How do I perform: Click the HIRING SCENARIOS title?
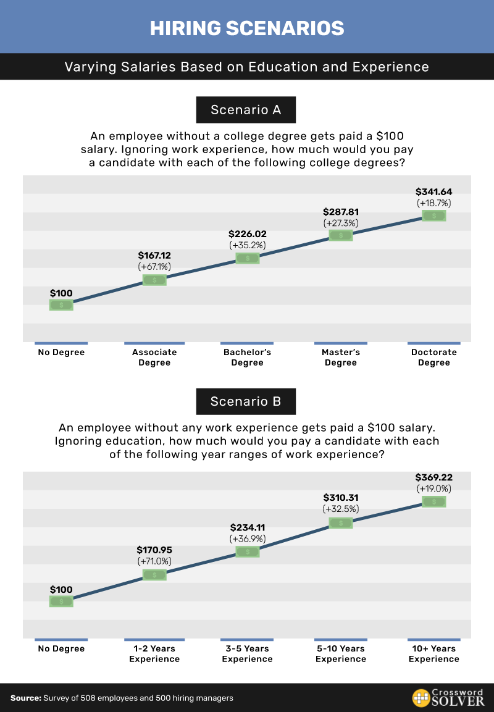point(247,28)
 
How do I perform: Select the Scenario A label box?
point(246,110)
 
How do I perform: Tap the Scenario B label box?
point(246,401)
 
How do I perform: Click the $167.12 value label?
point(154,255)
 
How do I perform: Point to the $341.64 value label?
point(434,191)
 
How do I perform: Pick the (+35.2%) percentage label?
point(247,245)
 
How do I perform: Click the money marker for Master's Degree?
point(341,235)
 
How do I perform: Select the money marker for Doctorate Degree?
point(434,216)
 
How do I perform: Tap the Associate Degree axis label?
point(154,358)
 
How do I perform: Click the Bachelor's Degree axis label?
point(247,358)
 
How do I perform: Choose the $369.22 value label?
point(434,477)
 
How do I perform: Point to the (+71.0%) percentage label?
point(154,561)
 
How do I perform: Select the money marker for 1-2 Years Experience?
point(154,575)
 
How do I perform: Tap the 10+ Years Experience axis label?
point(434,654)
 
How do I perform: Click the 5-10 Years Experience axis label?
point(341,654)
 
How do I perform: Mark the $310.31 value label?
point(341,498)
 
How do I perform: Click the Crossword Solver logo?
point(448,698)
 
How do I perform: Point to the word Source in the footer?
point(25,698)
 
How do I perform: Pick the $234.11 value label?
point(247,527)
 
